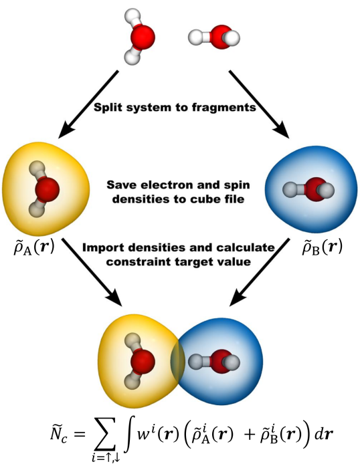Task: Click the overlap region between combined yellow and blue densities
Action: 177,361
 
